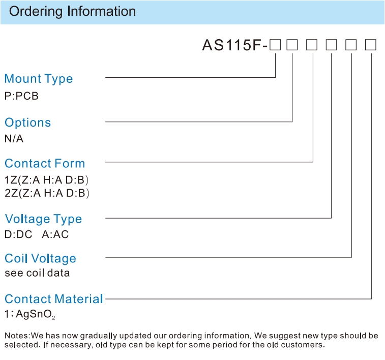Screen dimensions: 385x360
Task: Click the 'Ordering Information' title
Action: (72, 12)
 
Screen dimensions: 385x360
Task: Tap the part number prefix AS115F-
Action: (235, 45)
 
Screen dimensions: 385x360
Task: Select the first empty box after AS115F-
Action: (275, 45)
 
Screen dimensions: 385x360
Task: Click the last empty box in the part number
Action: (371, 45)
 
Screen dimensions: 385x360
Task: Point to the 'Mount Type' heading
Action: (39, 79)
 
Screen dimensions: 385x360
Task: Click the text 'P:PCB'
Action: (21, 96)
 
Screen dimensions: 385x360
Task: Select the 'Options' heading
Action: (28, 123)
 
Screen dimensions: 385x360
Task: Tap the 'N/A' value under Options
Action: (14, 139)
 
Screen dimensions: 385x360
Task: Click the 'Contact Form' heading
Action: (45, 163)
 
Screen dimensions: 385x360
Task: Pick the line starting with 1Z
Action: (47, 180)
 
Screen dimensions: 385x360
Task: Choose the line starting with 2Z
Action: (47, 193)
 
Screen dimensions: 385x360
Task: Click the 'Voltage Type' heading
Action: (43, 219)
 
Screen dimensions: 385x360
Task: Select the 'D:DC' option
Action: (18, 234)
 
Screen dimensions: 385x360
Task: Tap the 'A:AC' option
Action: (55, 234)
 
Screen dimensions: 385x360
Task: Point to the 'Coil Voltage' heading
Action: (41, 258)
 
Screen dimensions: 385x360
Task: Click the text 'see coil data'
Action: (37, 273)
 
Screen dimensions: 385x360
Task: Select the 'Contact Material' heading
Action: (54, 299)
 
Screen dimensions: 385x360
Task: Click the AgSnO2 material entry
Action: (30, 314)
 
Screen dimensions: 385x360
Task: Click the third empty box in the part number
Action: (312, 45)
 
